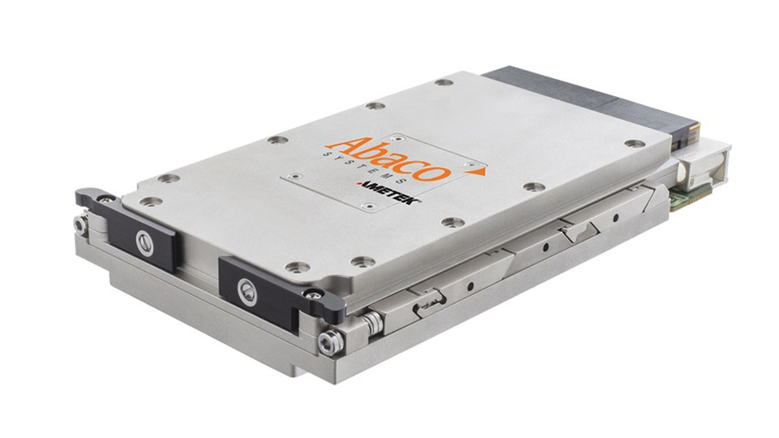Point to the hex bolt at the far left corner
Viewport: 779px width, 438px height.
(81, 224)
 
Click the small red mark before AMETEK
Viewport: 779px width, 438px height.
(359, 187)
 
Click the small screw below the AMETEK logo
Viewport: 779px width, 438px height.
(368, 205)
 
